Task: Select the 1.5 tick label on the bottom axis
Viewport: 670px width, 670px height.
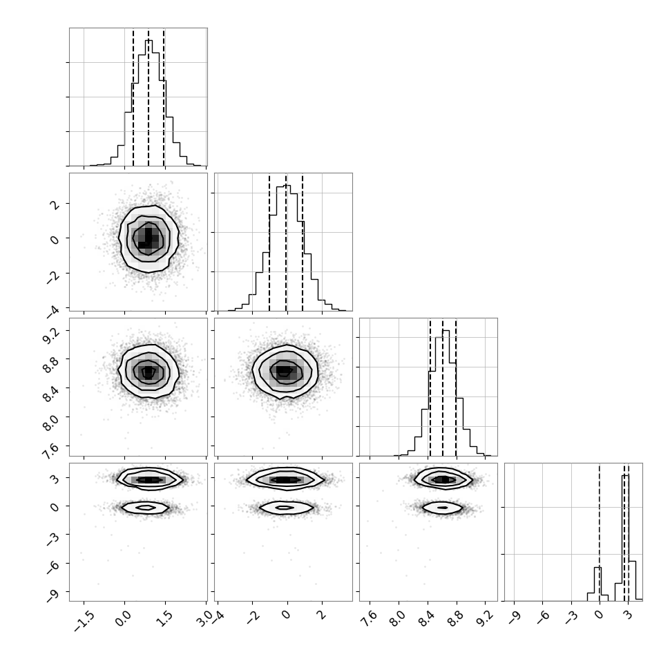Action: (165, 618)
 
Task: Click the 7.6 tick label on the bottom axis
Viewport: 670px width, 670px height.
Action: (370, 618)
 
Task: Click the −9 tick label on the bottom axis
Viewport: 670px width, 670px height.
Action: (515, 617)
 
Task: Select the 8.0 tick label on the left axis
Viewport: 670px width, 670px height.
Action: (51, 422)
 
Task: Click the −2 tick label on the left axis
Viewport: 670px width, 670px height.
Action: (52, 278)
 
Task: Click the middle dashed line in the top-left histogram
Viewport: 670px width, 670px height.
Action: (149, 97)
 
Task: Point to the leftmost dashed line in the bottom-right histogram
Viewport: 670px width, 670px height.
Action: (600, 532)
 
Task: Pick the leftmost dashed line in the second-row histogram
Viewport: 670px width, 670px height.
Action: (269, 242)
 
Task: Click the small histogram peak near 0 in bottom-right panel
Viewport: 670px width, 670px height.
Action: (597, 584)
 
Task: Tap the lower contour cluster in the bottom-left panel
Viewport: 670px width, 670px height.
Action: (145, 508)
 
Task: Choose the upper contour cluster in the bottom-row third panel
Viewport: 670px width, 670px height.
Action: (443, 479)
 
